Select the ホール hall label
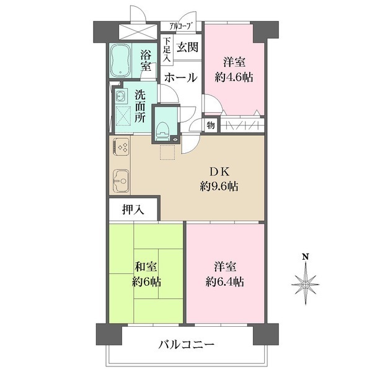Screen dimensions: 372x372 tap(181, 78)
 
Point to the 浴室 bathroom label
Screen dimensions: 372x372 tap(146, 60)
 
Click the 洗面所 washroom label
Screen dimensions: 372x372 tap(141, 106)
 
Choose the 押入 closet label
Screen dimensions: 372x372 tap(133, 210)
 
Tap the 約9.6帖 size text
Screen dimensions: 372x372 tap(220, 186)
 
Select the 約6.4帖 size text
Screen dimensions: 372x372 tap(226, 282)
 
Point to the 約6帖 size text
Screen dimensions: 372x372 tap(147, 282)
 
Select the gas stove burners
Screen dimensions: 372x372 tap(122, 148)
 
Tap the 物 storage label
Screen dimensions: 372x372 tap(211, 126)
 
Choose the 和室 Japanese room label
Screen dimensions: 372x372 tap(147, 267)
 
